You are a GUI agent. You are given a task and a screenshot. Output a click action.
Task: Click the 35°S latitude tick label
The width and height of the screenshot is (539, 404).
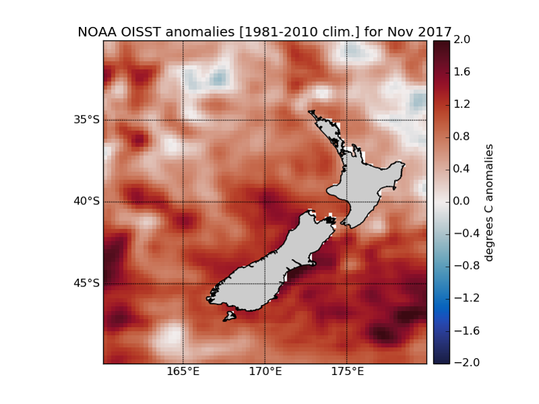86,120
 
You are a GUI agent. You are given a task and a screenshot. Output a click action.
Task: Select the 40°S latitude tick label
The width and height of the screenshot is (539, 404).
86,202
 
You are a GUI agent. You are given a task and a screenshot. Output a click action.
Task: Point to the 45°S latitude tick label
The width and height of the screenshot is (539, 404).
86,283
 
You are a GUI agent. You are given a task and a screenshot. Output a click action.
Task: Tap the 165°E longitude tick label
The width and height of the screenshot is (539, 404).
183,371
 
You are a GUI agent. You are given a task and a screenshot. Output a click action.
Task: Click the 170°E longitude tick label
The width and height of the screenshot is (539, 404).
264,371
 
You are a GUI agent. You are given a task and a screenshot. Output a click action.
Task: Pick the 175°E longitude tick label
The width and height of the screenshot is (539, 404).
347,371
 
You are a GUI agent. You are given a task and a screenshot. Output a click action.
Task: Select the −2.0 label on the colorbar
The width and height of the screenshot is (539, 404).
459,363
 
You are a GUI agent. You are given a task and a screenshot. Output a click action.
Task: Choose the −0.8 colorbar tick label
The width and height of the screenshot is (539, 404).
459,266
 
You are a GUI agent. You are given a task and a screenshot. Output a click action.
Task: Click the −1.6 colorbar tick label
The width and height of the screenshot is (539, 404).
459,330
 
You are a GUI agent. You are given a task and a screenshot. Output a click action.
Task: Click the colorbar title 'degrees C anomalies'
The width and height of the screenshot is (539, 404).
490,202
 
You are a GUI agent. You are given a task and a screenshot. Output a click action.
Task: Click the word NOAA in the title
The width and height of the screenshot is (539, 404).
98,32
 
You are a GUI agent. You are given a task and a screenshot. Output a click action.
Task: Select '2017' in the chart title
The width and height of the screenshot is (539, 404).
434,32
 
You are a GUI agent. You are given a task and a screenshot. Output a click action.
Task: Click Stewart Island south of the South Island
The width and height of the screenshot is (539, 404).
230,316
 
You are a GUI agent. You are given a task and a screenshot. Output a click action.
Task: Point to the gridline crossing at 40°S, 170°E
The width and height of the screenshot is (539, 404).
264,202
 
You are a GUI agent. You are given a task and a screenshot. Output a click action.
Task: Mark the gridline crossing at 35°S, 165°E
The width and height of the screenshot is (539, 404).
183,120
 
